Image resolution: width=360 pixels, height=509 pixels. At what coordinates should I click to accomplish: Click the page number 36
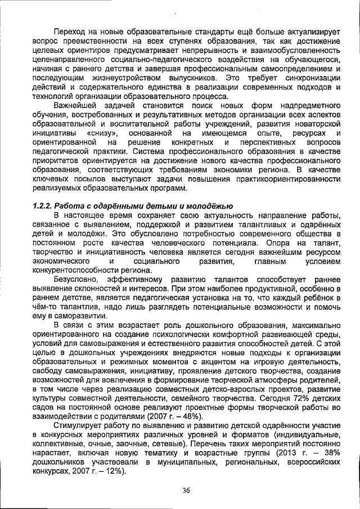pos(186,490)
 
